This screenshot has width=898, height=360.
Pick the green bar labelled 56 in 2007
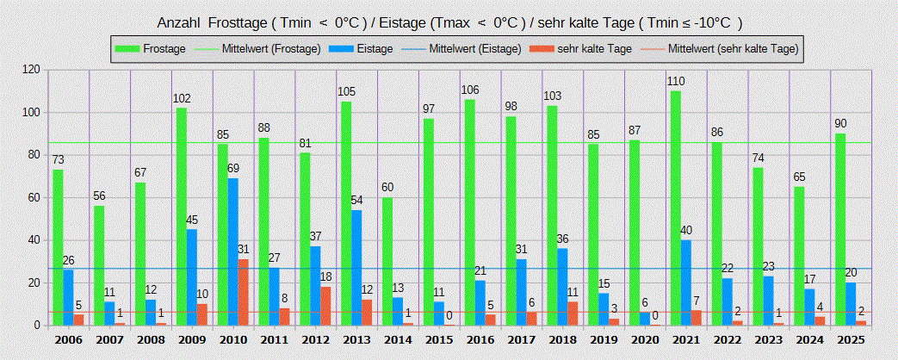point(99,266)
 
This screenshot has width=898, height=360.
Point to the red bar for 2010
point(244,293)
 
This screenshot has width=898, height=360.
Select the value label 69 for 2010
point(233,169)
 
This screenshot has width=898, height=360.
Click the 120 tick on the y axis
point(32,69)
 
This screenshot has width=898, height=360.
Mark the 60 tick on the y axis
point(35,197)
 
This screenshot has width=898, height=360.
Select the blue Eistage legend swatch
point(339,49)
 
